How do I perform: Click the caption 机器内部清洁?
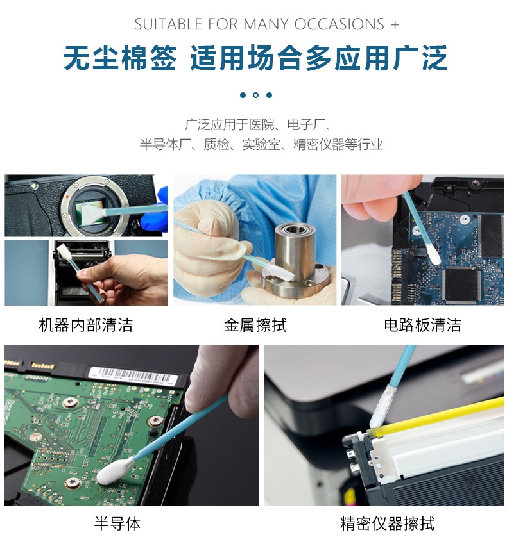86,325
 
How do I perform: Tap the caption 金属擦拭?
255,325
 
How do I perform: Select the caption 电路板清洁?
422,325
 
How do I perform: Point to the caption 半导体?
117,523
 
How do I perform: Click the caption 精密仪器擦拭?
387,523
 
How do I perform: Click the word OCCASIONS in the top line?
339,24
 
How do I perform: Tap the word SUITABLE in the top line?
168,24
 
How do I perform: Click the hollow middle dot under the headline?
256,95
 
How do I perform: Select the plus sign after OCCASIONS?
395,25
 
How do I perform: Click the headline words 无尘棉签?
120,58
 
